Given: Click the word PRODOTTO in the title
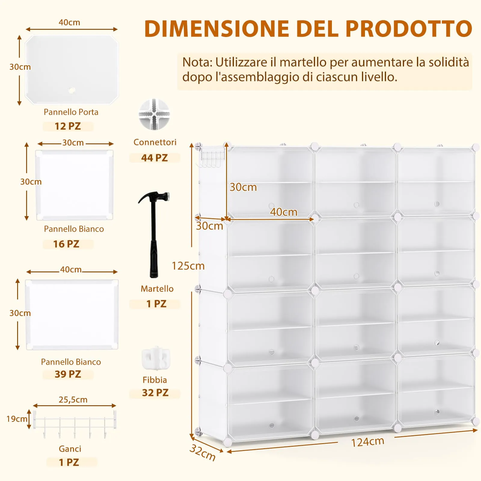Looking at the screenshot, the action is click(x=409, y=29).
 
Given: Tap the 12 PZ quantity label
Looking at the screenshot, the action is click(x=68, y=126).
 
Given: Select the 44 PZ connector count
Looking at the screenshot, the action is click(x=155, y=158).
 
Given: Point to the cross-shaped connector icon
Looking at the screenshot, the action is click(x=154, y=114).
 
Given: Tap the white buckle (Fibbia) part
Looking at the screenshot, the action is click(x=156, y=358).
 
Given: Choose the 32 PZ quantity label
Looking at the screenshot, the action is click(x=155, y=393).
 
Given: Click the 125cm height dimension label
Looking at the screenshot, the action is click(x=188, y=266).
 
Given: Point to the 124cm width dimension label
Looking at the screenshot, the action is click(x=368, y=442).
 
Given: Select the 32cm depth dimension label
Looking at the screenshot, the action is click(x=203, y=452).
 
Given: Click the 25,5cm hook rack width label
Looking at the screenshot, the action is click(x=73, y=400).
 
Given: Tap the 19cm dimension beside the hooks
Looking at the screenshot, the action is click(x=17, y=419).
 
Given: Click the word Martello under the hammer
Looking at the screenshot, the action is click(x=157, y=289).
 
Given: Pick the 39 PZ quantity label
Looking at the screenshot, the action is click(x=68, y=374).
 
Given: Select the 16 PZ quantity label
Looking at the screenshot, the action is click(x=66, y=244).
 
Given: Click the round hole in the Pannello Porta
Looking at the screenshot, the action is click(x=72, y=90).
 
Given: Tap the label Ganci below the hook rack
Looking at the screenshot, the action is click(x=70, y=449).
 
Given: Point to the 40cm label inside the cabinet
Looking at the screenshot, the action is click(x=283, y=212).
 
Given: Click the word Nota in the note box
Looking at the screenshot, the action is click(x=197, y=62).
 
